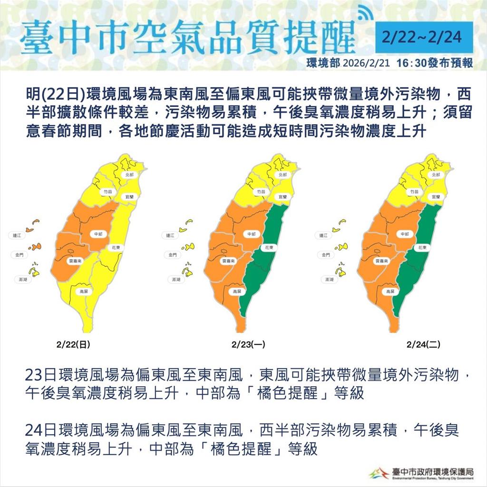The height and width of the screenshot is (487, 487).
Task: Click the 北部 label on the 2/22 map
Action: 129,175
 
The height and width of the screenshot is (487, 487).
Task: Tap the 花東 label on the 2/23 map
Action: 269,248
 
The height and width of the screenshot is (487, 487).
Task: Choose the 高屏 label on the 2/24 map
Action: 390,292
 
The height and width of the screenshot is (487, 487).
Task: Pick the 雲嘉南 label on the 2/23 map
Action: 227,262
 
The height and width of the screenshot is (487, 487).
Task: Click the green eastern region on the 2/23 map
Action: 266,266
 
